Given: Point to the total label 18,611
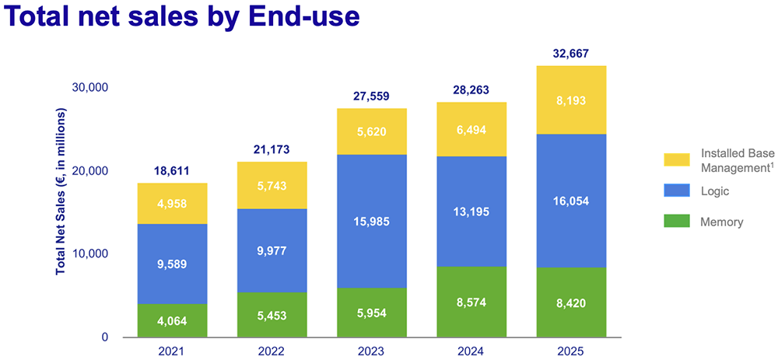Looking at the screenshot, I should [162, 171].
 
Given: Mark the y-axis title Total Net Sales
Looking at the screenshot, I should [61, 191].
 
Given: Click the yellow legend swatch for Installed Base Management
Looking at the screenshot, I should [676, 159].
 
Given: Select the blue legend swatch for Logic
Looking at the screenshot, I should [676, 191].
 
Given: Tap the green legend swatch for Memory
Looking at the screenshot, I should [676, 222].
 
